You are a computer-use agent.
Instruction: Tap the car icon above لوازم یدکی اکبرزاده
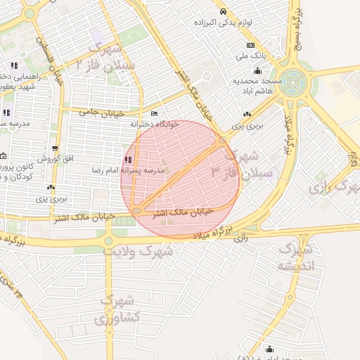point(223,11)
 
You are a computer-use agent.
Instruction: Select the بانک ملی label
point(252,55)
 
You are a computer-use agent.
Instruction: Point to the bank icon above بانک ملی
point(251,45)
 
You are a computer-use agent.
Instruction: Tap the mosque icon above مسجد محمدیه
point(258,71)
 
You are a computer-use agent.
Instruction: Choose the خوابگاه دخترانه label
point(155,124)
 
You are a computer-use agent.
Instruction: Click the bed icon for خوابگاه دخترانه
point(154,114)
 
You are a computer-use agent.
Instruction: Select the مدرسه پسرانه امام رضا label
point(130,171)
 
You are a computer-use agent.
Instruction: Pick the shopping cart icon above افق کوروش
point(55,148)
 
